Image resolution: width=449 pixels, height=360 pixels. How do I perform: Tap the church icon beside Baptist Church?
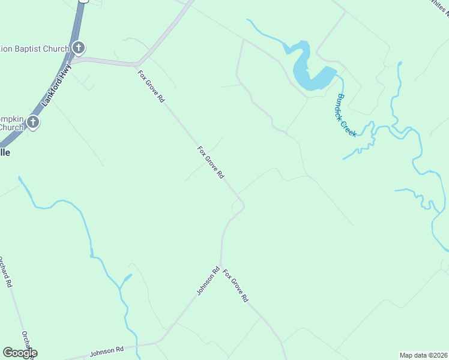pyautogui.click(x=79, y=48)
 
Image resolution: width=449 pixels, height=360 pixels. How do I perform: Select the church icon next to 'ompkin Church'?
pyautogui.click(x=33, y=123)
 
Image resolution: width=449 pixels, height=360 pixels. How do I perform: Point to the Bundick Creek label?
pyautogui.click(x=346, y=115)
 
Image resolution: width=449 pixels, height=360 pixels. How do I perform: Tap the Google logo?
pyautogui.click(x=19, y=353)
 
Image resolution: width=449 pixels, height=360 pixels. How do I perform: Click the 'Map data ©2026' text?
pyautogui.click(x=424, y=355)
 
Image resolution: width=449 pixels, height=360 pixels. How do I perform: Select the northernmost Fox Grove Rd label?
pyautogui.click(x=151, y=86)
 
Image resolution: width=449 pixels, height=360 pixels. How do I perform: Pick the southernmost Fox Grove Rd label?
pyautogui.click(x=235, y=286)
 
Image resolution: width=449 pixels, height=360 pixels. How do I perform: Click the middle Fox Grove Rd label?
pyautogui.click(x=211, y=162)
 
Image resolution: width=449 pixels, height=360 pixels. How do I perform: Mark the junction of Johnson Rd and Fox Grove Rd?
pyautogui.click(x=221, y=265)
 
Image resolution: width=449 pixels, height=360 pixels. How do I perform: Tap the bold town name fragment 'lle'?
pyautogui.click(x=5, y=152)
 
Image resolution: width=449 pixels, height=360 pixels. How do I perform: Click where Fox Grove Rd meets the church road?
pyautogui.click(x=139, y=63)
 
